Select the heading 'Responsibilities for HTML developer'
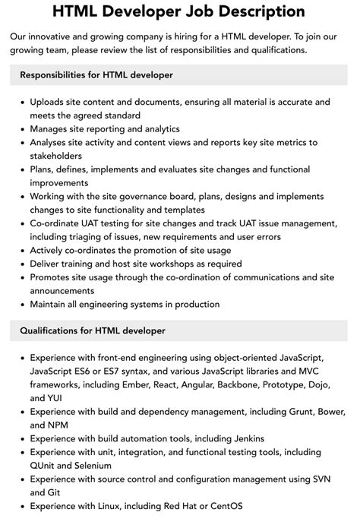96,75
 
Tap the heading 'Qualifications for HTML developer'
93,330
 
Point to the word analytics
157,129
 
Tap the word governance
137,196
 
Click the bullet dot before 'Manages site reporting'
21,129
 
